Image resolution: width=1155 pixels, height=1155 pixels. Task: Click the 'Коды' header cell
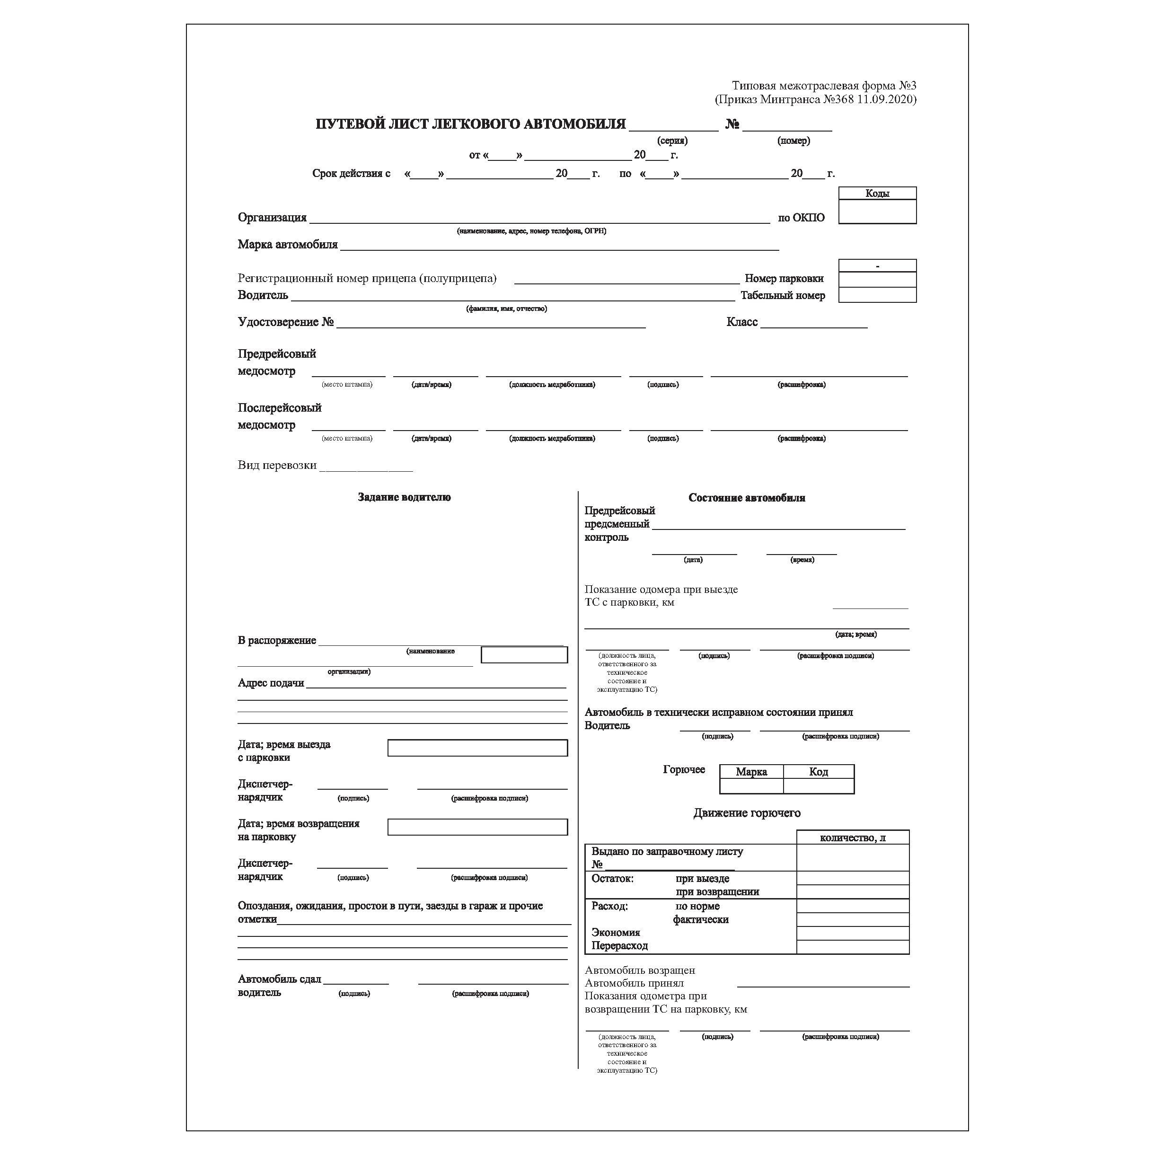877,193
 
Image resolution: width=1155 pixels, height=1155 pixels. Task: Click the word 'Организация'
272,218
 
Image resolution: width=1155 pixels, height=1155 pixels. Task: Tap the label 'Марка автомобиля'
288,245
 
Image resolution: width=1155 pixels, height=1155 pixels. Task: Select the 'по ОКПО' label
801,218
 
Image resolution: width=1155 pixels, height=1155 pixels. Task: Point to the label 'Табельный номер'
783,295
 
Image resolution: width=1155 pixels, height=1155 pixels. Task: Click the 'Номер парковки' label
784,279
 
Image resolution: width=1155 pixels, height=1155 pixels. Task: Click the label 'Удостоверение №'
285,322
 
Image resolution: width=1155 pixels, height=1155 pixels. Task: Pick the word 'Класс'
742,322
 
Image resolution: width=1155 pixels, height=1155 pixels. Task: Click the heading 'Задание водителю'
404,497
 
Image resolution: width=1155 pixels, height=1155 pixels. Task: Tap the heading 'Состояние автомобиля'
747,498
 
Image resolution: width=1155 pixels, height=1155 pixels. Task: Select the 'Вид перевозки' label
277,466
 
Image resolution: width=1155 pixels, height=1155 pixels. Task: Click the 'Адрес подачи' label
271,683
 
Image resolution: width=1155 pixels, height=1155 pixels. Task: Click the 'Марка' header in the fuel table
751,772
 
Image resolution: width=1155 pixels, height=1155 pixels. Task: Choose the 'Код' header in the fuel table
819,772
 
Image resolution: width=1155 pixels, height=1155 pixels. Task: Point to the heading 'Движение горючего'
747,813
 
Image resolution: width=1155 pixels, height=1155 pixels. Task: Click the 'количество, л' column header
853,838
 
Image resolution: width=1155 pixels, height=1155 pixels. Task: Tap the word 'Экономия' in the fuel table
616,933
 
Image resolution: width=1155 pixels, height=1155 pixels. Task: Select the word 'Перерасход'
619,946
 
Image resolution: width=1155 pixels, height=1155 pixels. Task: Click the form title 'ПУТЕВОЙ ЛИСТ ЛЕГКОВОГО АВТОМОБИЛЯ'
470,124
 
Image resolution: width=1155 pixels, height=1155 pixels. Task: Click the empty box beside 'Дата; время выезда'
477,748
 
